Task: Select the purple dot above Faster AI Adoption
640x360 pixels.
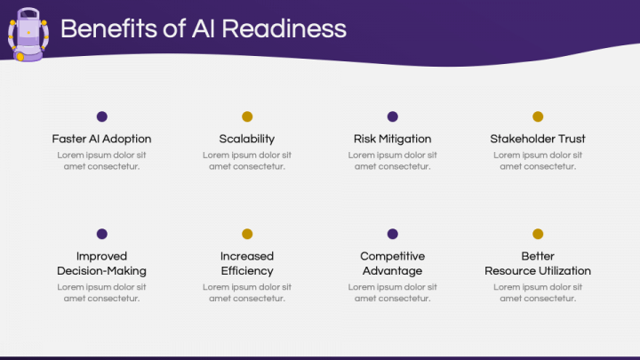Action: click(x=102, y=116)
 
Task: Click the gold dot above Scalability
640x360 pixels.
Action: click(x=247, y=116)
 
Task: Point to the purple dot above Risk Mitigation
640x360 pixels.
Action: click(x=393, y=116)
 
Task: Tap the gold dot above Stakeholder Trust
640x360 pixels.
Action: click(x=538, y=116)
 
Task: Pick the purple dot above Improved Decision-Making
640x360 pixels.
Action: click(x=102, y=234)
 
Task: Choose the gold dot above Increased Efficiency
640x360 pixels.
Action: click(x=247, y=234)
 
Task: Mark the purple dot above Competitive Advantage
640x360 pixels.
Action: click(x=393, y=234)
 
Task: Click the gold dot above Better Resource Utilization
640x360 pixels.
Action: click(x=538, y=234)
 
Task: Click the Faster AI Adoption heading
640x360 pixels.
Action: click(x=102, y=139)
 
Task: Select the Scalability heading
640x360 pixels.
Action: click(x=247, y=139)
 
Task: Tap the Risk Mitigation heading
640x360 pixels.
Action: click(x=393, y=139)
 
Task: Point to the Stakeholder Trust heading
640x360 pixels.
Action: click(x=538, y=139)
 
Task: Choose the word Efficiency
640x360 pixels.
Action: click(x=247, y=271)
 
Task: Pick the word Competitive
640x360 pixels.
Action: click(x=393, y=257)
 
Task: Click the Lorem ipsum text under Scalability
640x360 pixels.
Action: click(x=247, y=161)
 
